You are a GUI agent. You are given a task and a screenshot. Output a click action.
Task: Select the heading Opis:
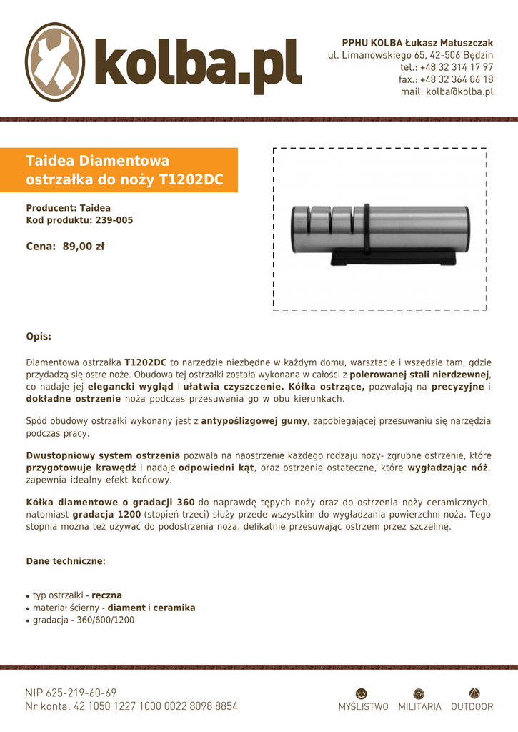pyautogui.click(x=39, y=336)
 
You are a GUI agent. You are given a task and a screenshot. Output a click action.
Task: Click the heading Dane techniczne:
pyautogui.click(x=66, y=561)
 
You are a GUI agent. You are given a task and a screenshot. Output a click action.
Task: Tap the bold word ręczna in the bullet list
pyautogui.click(x=106, y=595)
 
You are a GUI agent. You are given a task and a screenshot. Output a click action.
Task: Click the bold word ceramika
pyautogui.click(x=174, y=608)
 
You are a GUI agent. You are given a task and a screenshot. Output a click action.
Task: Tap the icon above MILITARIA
pyautogui.click(x=419, y=693)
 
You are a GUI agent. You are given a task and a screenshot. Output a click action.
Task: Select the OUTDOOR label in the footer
pyautogui.click(x=472, y=706)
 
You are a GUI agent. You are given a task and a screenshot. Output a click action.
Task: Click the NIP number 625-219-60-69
pyautogui.click(x=81, y=693)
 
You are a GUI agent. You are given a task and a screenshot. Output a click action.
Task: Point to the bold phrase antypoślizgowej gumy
pyautogui.click(x=254, y=421)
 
